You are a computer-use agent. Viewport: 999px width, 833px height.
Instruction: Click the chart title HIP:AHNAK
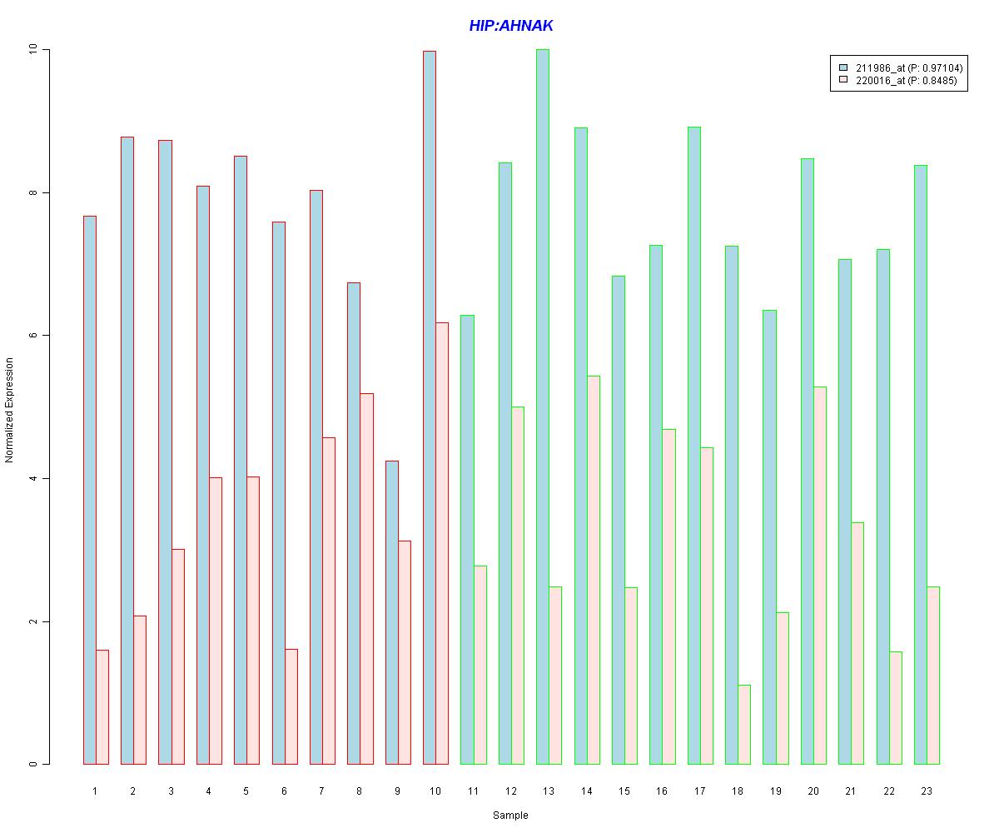(x=511, y=26)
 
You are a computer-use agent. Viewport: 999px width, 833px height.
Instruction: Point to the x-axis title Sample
(x=510, y=816)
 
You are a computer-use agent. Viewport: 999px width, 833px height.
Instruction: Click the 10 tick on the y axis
(x=34, y=50)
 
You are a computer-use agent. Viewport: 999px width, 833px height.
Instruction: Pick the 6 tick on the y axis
(x=34, y=336)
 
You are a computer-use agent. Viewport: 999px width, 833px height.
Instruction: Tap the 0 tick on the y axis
(x=34, y=764)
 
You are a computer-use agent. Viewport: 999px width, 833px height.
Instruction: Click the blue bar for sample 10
(x=430, y=408)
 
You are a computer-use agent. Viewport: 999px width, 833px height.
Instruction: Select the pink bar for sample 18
(x=744, y=725)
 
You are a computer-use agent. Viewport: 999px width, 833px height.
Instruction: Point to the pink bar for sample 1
(x=102, y=707)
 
